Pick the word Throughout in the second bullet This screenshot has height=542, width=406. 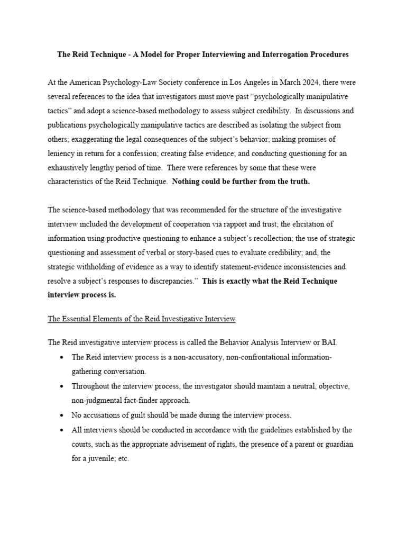[x=94, y=386]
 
